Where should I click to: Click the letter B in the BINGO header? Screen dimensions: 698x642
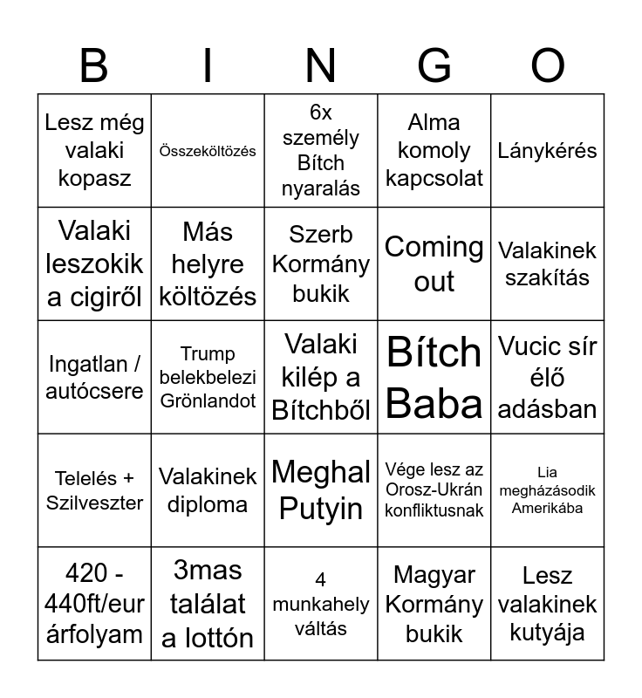(x=93, y=65)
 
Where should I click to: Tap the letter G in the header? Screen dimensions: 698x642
(x=434, y=65)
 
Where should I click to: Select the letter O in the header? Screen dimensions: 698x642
(x=548, y=65)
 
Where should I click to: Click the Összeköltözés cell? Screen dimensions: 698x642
(x=208, y=151)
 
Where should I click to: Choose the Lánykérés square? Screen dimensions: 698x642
(x=548, y=150)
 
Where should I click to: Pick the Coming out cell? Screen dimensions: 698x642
(x=434, y=263)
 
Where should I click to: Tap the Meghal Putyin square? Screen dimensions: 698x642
(x=321, y=490)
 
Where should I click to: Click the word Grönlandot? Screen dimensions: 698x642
(x=208, y=401)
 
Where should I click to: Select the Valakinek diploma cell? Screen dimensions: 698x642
(x=208, y=490)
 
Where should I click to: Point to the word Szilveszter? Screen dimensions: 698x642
(x=94, y=503)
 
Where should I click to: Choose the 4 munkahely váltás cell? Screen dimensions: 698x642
(x=321, y=604)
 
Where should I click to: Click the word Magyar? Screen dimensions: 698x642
(x=434, y=575)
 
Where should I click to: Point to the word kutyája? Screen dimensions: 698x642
(x=548, y=633)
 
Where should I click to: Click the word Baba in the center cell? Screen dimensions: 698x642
(x=434, y=403)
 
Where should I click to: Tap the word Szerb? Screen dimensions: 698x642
(x=321, y=235)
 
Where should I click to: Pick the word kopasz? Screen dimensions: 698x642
(x=94, y=178)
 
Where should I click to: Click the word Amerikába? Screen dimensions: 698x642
(x=548, y=508)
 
